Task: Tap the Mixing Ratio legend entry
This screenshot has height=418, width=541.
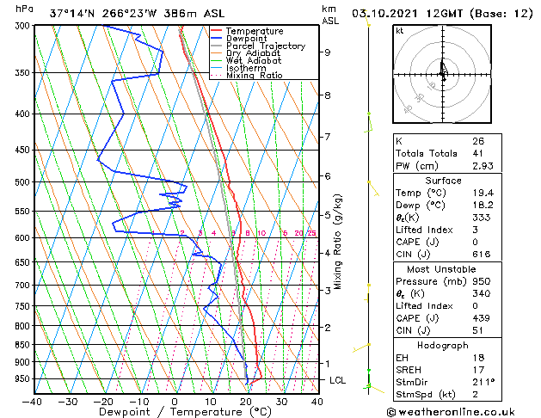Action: pos(254,76)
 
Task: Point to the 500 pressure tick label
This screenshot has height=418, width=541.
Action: pos(18,182)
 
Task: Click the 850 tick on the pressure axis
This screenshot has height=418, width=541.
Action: pos(18,345)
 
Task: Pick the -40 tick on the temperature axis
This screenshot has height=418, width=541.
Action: pos(33,402)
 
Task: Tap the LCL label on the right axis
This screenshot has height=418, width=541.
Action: pos(339,380)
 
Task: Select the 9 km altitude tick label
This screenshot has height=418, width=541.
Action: pos(328,52)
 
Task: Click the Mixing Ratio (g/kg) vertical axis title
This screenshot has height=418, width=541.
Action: pos(339,242)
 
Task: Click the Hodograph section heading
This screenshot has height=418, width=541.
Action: pos(443,345)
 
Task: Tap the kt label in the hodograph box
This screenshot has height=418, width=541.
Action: pos(399,30)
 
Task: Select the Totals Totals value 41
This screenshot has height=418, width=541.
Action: pos(477,153)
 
